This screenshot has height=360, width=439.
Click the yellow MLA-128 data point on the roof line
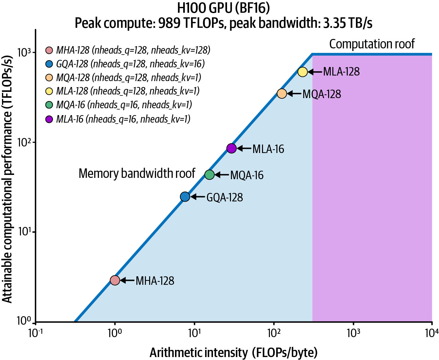[x=303, y=72]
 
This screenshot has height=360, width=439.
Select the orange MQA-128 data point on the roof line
[x=282, y=94]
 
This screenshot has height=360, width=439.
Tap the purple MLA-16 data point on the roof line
[x=231, y=148]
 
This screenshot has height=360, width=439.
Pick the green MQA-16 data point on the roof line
[x=209, y=175]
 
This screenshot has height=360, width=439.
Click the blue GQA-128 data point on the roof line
[x=185, y=197]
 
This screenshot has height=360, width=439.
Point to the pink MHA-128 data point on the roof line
[x=115, y=280]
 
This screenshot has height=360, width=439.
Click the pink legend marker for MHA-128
[x=49, y=50]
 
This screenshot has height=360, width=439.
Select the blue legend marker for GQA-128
[x=49, y=64]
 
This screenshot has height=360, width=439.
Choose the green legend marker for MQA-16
[x=49, y=105]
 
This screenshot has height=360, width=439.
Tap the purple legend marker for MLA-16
[x=49, y=119]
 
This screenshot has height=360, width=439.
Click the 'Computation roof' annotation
[x=372, y=44]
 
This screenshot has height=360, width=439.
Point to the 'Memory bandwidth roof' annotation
[x=137, y=173]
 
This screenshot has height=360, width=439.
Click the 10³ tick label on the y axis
[x=24, y=52]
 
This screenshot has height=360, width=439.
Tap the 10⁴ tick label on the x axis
[x=432, y=333]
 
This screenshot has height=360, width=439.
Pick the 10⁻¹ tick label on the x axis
[x=36, y=333]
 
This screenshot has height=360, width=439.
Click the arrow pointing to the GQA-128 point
[x=198, y=197]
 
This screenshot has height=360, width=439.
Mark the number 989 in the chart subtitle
[x=169, y=23]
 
